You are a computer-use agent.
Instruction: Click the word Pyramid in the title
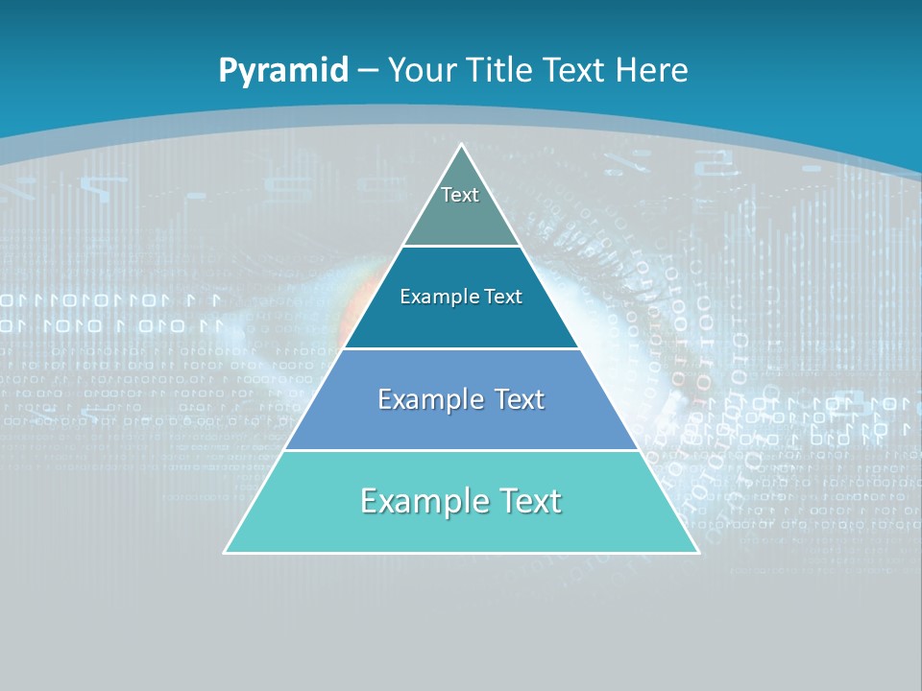[282, 71]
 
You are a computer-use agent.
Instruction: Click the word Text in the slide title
[573, 70]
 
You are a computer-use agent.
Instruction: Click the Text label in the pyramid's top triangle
[460, 195]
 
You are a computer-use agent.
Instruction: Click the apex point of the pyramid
[461, 145]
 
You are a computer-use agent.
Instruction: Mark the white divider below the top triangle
[461, 246]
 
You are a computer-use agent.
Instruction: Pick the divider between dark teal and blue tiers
[461, 348]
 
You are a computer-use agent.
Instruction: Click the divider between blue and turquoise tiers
[461, 450]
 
